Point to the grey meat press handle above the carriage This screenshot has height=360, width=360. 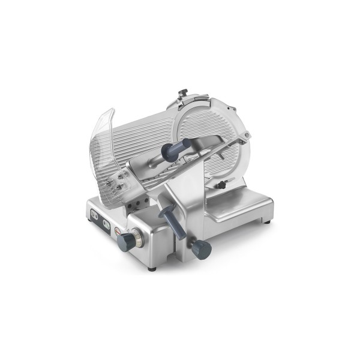(x=179, y=145)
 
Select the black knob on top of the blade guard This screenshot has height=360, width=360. (x=183, y=94)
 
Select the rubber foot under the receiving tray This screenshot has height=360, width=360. (x=266, y=223)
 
